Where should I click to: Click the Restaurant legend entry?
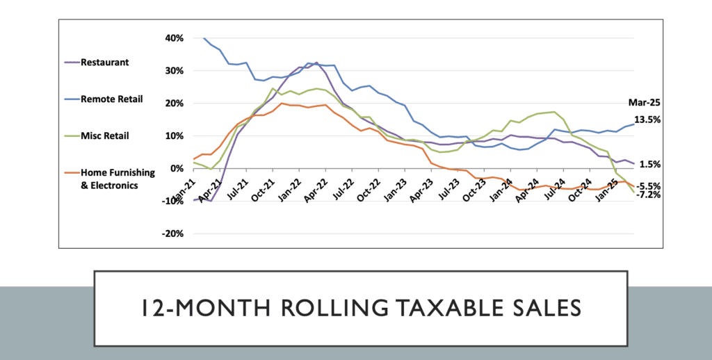[104, 62]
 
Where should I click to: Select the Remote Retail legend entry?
[112, 99]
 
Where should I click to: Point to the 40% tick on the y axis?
[174, 38]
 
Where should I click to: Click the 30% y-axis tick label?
[174, 70]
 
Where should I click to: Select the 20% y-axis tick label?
[174, 103]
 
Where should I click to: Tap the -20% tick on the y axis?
[172, 234]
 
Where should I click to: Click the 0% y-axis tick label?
[177, 168]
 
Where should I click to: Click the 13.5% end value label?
[647, 120]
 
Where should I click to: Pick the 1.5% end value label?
[649, 164]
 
